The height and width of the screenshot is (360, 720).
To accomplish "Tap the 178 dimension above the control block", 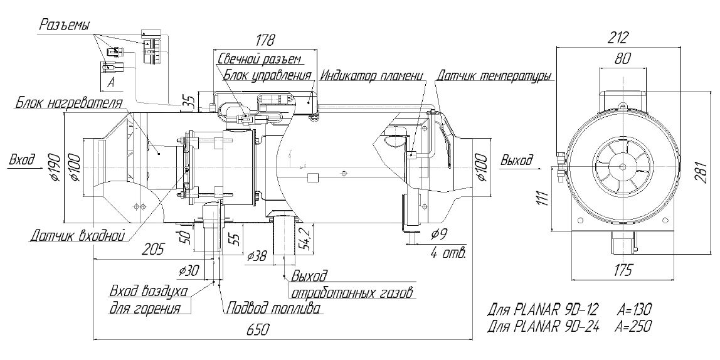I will (265, 41).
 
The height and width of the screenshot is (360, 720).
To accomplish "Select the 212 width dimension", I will (618, 38).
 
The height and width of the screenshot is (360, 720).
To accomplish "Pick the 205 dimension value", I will (151, 249).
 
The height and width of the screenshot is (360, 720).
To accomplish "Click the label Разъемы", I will (65, 25).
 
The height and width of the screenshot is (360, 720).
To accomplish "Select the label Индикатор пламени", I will (371, 77).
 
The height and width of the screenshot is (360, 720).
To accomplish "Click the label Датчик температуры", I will (494, 77).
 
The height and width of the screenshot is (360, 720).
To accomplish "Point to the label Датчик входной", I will (77, 236).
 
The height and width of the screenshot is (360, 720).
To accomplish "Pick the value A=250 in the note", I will (634, 326).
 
